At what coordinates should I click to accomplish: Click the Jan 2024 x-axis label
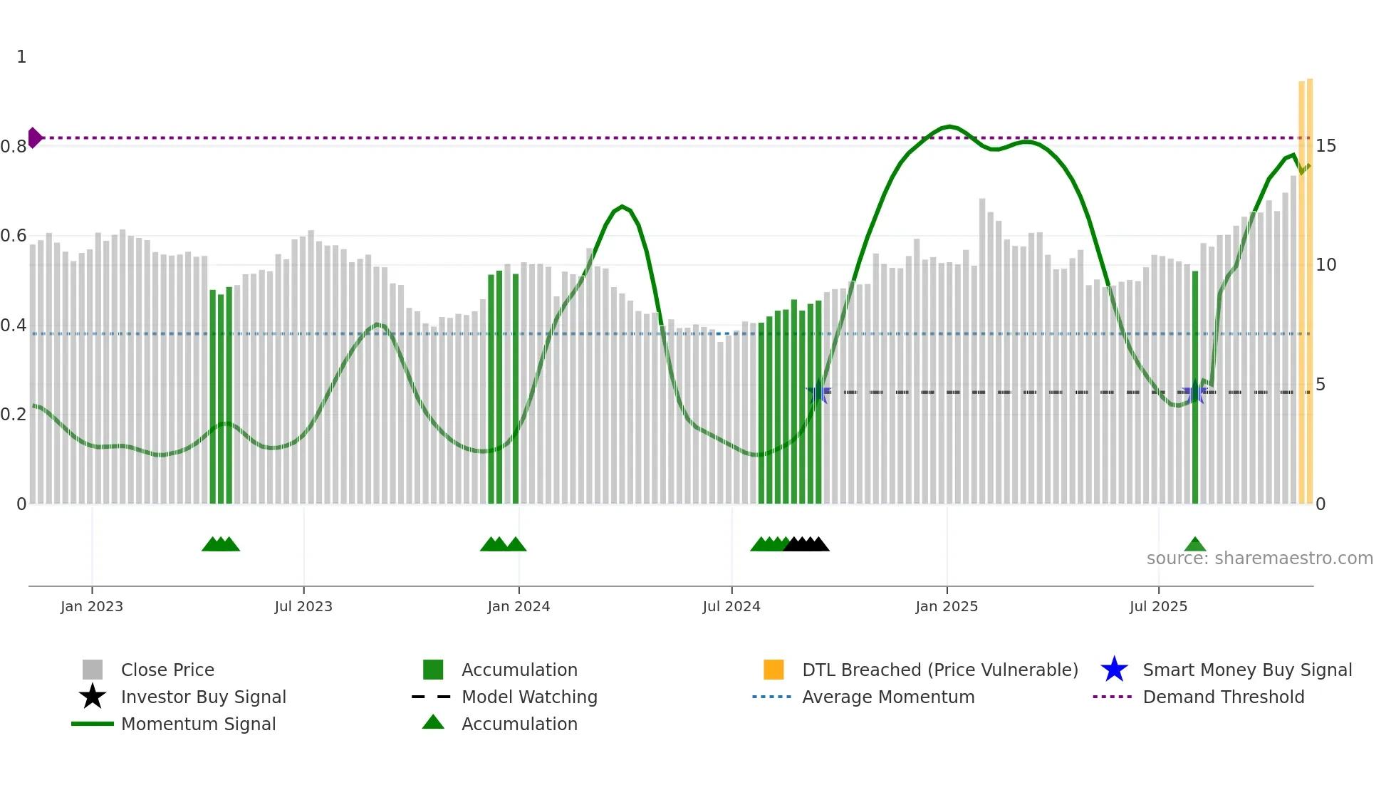click(519, 606)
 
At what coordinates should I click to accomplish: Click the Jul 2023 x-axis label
click(303, 606)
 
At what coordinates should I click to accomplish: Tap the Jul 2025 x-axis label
click(1158, 606)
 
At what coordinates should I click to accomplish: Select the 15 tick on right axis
click(1325, 146)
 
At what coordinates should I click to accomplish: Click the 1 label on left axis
click(21, 57)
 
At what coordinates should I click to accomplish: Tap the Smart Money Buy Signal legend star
click(1114, 670)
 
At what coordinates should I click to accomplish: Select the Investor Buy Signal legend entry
click(203, 697)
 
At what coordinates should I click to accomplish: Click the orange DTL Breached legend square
click(773, 670)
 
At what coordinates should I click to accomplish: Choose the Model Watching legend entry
click(528, 697)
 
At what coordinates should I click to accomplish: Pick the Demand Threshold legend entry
click(1223, 697)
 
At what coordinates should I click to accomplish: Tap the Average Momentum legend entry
click(887, 697)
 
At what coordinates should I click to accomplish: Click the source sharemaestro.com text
click(1259, 558)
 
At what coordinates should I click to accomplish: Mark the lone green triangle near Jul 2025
click(1195, 545)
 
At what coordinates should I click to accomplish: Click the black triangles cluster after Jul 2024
click(806, 544)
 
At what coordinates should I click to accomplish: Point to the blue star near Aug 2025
click(1194, 393)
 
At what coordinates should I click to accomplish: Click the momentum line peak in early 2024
click(622, 207)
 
